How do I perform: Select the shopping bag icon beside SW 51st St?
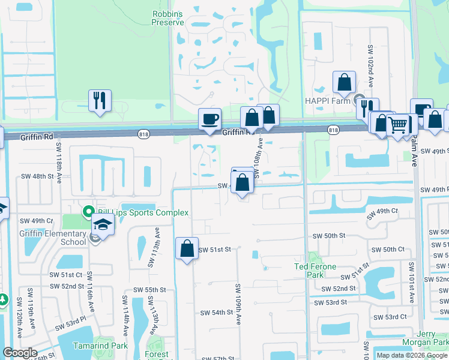[187, 248]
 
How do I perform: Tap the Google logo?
[19, 353]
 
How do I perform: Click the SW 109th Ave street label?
[238, 304]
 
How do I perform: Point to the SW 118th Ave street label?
[59, 166]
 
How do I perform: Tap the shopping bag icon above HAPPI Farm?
[345, 83]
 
